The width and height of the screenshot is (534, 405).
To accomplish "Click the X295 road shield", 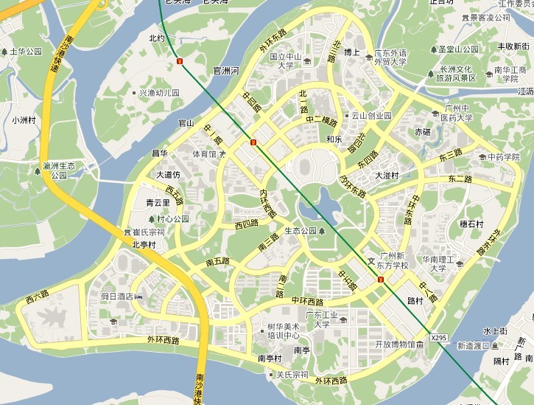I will pos(438,338).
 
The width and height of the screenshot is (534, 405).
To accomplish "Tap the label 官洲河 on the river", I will pos(225,71).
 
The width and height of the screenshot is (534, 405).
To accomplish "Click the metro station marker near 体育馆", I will pos(253,142).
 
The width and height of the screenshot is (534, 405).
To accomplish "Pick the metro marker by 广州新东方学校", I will pos(380,280).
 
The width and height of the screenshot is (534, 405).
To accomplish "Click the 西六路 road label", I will pos(37,297).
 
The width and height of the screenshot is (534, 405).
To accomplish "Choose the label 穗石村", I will pos(471,224).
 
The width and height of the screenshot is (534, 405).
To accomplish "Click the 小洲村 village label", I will pos(25,120).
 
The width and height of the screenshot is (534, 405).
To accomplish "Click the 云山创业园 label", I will pos(370,115).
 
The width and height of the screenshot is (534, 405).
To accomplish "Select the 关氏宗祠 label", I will pos(292,375).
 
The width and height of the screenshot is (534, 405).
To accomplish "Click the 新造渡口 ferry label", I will pos(473,345).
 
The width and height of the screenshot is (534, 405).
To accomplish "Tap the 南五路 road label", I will pos(217,261).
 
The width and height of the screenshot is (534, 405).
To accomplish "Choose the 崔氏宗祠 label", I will pos(148,232).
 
